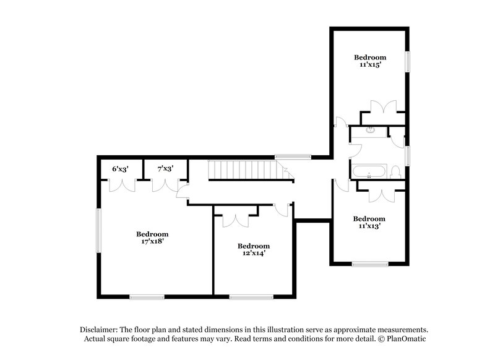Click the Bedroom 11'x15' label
click(x=370, y=59)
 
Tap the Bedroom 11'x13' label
click(x=369, y=222)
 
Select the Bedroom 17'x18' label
click(x=152, y=238)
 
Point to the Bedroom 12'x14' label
click(x=254, y=249)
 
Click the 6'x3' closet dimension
click(x=121, y=168)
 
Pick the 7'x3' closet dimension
click(x=165, y=168)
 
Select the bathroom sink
click(x=371, y=130)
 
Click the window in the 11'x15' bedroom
click(x=408, y=62)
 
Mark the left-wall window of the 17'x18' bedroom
click(x=98, y=229)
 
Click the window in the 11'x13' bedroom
click(x=370, y=264)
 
